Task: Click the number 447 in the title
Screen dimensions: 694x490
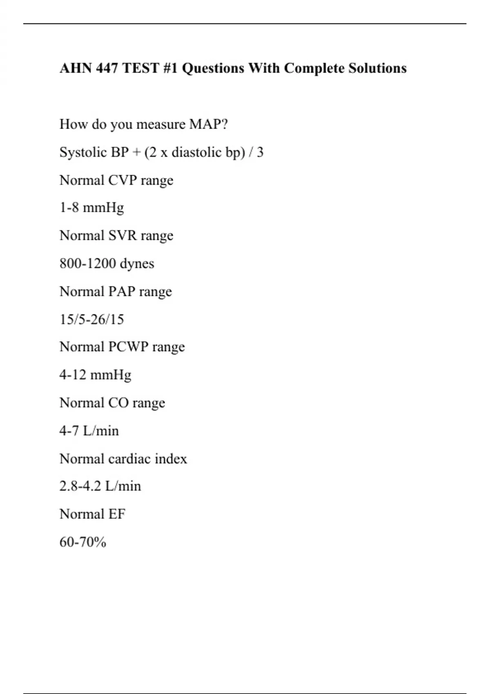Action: [108, 68]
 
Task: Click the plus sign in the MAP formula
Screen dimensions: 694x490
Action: [136, 152]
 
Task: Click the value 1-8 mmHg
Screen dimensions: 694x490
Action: [91, 208]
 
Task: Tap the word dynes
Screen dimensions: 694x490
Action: [137, 264]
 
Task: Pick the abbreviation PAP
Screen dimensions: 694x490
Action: [121, 291]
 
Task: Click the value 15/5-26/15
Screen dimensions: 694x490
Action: [91, 319]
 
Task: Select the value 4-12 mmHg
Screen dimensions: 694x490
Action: [95, 375]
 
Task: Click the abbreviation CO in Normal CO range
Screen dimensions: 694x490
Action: [118, 403]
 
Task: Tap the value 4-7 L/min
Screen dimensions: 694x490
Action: [89, 431]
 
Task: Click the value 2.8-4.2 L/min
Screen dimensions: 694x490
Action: [100, 486]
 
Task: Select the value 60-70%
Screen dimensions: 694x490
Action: [83, 542]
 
